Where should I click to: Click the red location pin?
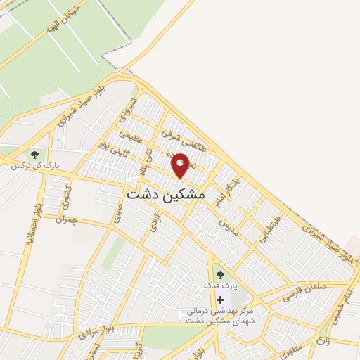181,165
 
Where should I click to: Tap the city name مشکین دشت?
165,194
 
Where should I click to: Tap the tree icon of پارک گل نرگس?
34,154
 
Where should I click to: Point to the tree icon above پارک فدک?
220,275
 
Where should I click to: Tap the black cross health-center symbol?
220,300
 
